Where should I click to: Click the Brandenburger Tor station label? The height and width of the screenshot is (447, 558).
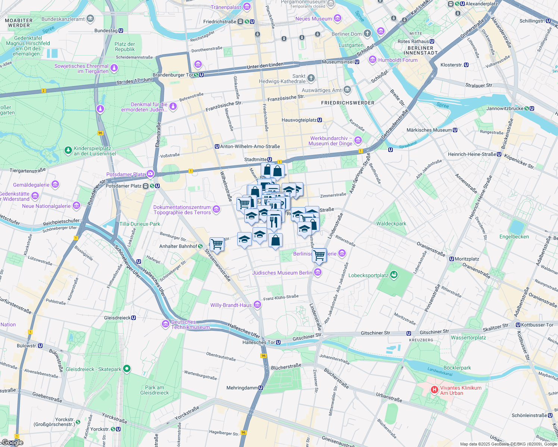click(x=174, y=75)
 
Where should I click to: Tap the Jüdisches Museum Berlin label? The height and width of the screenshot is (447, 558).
click(x=282, y=273)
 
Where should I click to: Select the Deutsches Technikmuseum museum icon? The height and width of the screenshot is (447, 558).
click(x=166, y=324)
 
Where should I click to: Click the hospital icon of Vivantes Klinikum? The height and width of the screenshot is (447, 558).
click(x=434, y=390)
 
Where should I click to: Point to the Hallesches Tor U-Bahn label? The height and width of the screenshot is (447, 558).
click(x=258, y=342)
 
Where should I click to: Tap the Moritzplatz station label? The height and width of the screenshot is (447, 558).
click(x=467, y=259)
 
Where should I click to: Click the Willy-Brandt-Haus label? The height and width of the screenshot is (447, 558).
click(x=231, y=305)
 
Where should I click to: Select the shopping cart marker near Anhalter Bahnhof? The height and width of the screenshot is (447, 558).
click(x=217, y=245)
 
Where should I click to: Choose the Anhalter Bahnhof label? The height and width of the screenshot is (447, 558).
click(x=178, y=246)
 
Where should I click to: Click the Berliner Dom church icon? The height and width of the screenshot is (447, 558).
click(x=367, y=34)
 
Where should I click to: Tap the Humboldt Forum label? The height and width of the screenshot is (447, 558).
click(x=398, y=60)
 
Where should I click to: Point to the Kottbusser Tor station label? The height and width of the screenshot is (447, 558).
click(x=537, y=325)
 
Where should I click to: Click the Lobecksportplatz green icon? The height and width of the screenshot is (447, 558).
click(x=394, y=275)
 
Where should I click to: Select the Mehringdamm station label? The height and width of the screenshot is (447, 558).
click(x=242, y=388)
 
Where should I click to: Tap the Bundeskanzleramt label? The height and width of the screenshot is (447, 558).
click(x=63, y=19)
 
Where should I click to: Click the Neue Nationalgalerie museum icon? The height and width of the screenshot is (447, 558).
click(x=76, y=206)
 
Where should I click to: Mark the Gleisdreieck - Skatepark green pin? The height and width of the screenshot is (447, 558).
click(x=127, y=369)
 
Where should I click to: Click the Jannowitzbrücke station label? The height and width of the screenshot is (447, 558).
click(x=505, y=109)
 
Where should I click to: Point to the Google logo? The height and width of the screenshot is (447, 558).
click(x=13, y=443)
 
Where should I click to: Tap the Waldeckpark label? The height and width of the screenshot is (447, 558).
click(x=391, y=224)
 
